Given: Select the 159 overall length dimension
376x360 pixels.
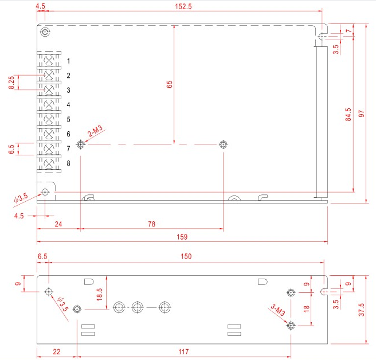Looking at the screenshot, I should click(x=183, y=236).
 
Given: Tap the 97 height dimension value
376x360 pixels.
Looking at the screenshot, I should click(x=362, y=114).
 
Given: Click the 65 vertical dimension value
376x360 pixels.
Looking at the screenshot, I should click(x=169, y=84).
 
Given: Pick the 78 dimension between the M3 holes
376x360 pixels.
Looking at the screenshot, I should click(x=152, y=225).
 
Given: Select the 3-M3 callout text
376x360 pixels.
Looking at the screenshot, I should click(x=277, y=311).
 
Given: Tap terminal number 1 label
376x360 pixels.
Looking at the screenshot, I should click(x=68, y=61).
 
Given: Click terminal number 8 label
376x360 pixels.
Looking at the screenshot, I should click(x=68, y=163).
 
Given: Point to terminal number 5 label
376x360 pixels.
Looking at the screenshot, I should click(x=68, y=119).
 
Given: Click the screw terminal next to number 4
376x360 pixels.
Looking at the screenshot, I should click(x=49, y=104).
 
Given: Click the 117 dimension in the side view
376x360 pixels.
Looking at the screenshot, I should click(x=183, y=351).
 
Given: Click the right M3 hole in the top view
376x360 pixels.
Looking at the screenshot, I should click(x=223, y=144).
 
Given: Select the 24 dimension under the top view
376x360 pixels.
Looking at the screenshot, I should click(x=58, y=225).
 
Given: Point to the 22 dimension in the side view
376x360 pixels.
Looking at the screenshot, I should click(x=56, y=351).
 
